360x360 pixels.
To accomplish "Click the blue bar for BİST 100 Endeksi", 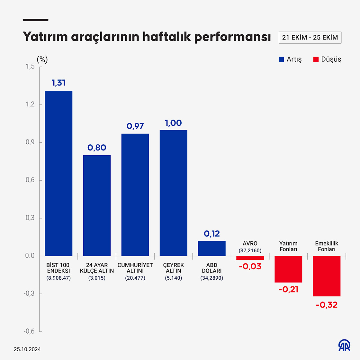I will pos(59,174).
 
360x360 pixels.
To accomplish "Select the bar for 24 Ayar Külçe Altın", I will pos(97,206).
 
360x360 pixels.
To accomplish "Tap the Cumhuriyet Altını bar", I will pos(135,195).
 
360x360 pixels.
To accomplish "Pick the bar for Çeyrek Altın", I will pos(173,193).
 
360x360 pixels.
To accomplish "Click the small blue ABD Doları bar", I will pos(212,248).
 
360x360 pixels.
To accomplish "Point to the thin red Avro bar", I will pos(250,258).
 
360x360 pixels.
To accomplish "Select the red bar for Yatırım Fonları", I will pos(288,269).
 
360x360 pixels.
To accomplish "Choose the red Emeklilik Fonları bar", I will pos(327,276).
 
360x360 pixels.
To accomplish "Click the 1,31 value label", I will pos(59,83).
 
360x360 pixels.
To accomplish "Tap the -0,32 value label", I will pos(327,305).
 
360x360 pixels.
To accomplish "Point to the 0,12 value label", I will pos(212,234).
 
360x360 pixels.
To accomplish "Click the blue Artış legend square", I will pos(281,59).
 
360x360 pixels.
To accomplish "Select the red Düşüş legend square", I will pos(316,59).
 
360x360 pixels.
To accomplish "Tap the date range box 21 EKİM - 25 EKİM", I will pos(310,37).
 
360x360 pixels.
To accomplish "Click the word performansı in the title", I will pos(233,37).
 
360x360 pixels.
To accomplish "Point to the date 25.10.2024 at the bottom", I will pos(27,349).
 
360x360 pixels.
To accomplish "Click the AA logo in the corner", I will pos(344,345).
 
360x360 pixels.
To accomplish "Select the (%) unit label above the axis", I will pos(42,59).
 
